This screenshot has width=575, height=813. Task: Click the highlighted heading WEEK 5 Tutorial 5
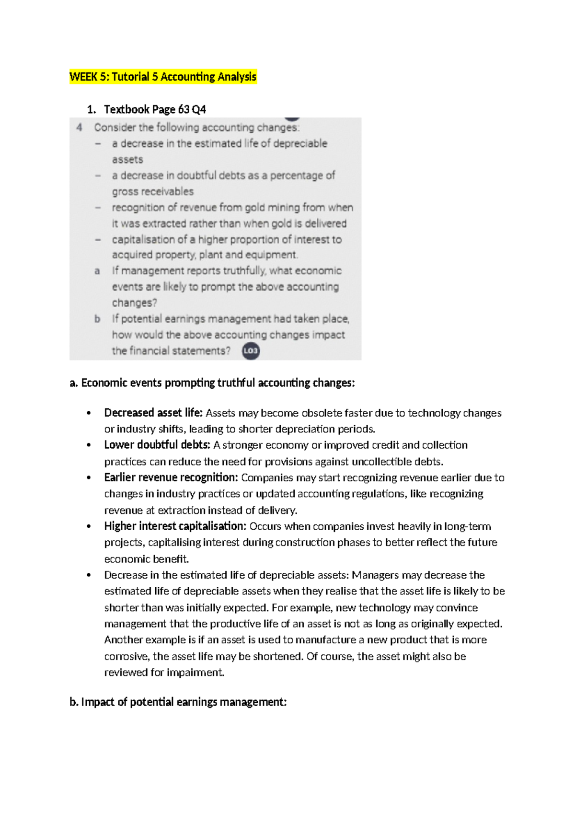[x=163, y=77]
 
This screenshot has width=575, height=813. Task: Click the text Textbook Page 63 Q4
[x=155, y=109]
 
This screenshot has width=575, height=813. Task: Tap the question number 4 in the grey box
[x=80, y=128]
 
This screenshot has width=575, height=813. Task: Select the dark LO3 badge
[x=251, y=350]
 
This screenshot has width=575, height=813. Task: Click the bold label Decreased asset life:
[x=153, y=413]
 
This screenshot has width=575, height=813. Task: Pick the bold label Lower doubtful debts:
[x=157, y=445]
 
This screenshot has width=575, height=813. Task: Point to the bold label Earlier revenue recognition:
[x=171, y=477]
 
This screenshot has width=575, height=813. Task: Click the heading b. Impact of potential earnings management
[x=178, y=702]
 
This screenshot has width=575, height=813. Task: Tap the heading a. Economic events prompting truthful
[x=212, y=383]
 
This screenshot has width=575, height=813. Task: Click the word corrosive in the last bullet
[x=126, y=656]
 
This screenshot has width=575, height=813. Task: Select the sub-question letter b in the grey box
[x=97, y=319]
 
